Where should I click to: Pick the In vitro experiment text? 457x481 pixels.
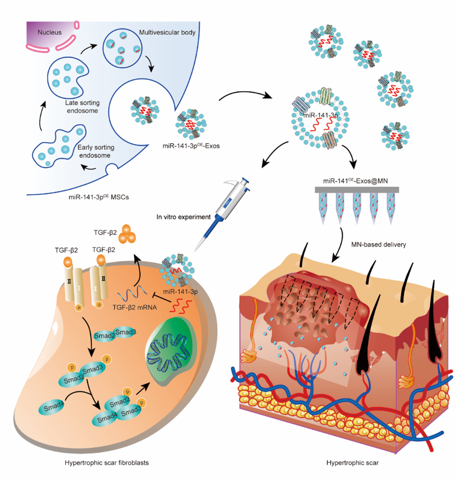[184, 216]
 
